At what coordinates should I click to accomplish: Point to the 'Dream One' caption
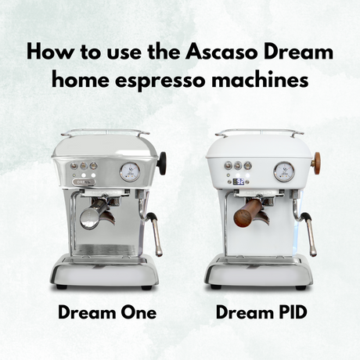coord(107,313)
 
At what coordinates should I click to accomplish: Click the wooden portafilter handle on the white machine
coord(250,208)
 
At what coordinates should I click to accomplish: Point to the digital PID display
coord(238,182)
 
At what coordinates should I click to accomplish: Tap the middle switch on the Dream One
coord(83,166)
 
